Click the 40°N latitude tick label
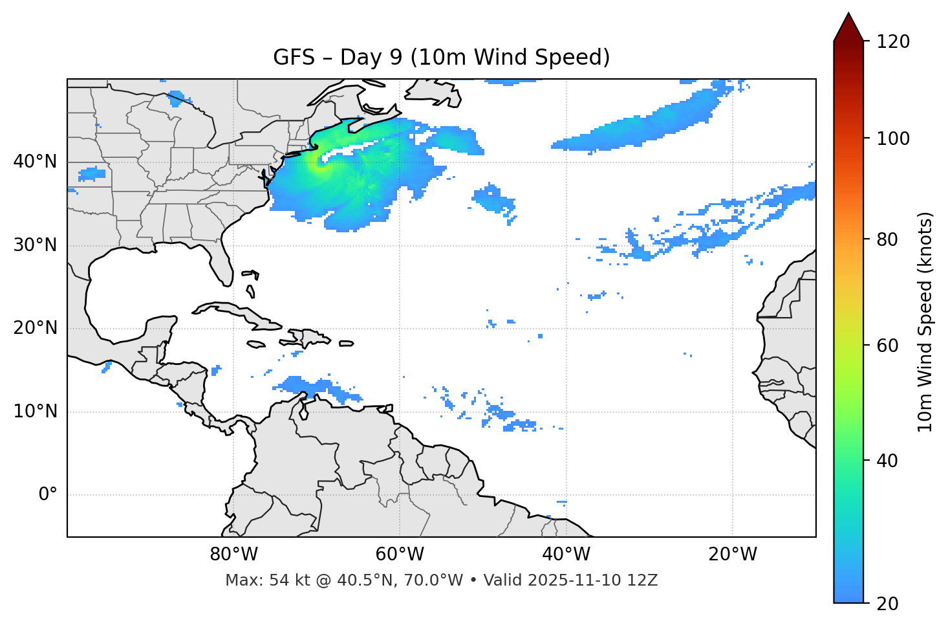pos(35,162)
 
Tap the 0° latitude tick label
pos(48,495)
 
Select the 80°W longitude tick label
pos(233,555)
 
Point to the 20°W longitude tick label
pos(733,555)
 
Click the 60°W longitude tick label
pos(400,555)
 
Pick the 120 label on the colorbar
pos(893,41)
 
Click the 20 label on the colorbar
pos(888,604)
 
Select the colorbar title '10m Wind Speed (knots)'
pos(925,322)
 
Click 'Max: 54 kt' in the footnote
pos(261,580)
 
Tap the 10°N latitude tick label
pos(35,412)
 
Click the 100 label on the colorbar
pos(893,138)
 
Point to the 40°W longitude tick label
pos(566,555)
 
